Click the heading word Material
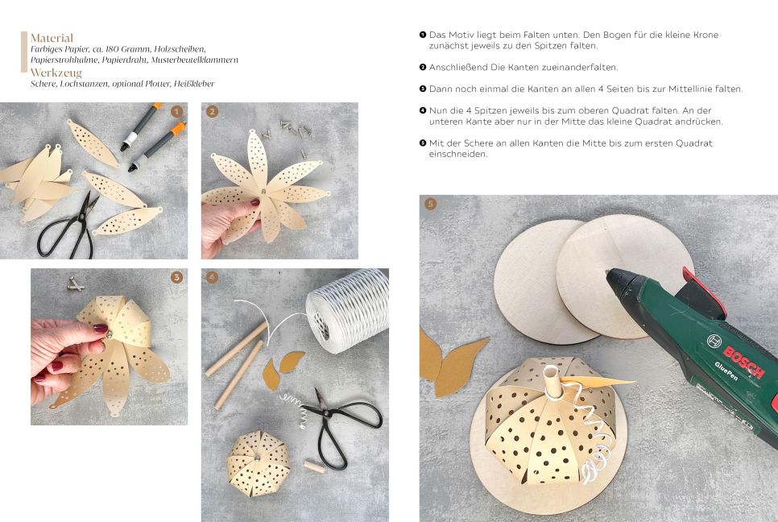[x=52, y=38]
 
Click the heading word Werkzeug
[x=56, y=73]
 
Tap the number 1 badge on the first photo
[x=176, y=112]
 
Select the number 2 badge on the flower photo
[x=213, y=112]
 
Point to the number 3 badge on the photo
[x=176, y=277]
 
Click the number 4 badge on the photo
[x=213, y=277]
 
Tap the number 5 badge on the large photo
[x=430, y=204]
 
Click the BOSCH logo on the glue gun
[x=743, y=362]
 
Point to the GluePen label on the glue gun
[x=726, y=371]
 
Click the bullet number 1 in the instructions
[x=423, y=35]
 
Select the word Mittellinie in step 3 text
[x=690, y=89]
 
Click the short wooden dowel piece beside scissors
[x=314, y=466]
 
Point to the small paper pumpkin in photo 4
[x=258, y=463]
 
